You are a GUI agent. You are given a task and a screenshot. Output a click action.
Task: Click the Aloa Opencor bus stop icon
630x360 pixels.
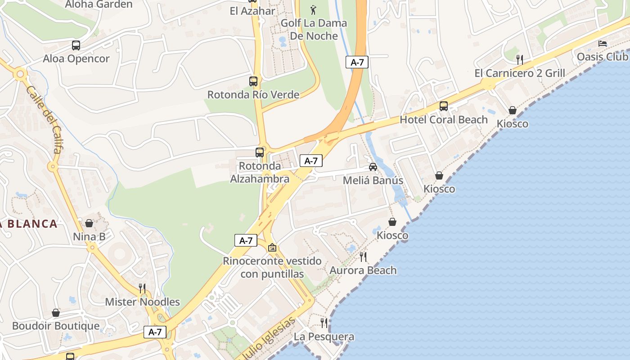tap(76, 45)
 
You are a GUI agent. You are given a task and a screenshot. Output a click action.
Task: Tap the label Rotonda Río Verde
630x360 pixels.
tap(253, 95)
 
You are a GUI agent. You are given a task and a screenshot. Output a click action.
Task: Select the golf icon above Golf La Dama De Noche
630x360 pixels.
tap(314, 9)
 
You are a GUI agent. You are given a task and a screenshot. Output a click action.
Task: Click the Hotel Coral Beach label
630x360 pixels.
tap(444, 120)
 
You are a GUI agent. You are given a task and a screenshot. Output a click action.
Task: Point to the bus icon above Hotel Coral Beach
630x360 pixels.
tap(444, 106)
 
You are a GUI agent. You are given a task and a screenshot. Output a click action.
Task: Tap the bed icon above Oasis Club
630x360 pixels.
tap(603, 44)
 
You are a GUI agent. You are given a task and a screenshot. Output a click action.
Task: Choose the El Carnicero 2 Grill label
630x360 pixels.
tap(520, 73)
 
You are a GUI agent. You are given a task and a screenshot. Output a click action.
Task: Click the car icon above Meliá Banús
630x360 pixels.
tap(373, 167)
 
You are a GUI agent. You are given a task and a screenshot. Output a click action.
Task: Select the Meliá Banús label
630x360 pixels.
tap(373, 180)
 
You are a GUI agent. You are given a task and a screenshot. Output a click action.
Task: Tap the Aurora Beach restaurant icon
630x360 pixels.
tap(363, 257)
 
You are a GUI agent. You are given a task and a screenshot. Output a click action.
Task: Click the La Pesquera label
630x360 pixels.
tap(324, 337)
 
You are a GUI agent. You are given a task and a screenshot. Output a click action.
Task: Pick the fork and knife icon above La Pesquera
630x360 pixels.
tap(324, 323)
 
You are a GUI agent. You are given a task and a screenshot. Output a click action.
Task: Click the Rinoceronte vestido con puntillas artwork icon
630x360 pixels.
tap(272, 248)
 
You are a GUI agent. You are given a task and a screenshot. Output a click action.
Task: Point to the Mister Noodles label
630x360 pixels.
tap(142, 302)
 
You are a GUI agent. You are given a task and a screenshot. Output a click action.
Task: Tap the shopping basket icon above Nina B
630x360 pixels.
tap(89, 223)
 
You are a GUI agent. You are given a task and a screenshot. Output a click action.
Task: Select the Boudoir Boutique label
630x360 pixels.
tap(56, 326)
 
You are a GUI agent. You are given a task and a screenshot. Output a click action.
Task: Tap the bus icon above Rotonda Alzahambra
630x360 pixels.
tap(260, 153)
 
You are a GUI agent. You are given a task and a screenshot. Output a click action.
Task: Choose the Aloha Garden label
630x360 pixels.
tap(99, 4)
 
